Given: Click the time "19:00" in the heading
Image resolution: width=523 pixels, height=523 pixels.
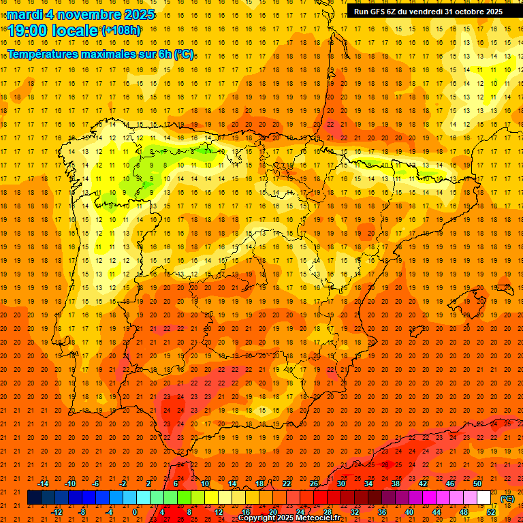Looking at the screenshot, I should pyautogui.click(x=28, y=31).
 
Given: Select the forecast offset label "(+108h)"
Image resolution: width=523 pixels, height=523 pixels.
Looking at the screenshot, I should pyautogui.click(x=121, y=31).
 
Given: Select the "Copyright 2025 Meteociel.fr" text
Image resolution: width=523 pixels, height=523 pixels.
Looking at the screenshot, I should pyautogui.click(x=289, y=518).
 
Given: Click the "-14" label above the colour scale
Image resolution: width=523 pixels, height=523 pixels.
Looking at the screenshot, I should pyautogui.click(x=44, y=484).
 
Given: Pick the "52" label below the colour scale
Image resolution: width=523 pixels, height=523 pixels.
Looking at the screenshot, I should pyautogui.click(x=491, y=512).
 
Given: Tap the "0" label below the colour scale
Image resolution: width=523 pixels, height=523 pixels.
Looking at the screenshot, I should pyautogui.click(x=135, y=512).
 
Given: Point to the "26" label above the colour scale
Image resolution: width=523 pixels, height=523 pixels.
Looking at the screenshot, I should pyautogui.click(x=314, y=484).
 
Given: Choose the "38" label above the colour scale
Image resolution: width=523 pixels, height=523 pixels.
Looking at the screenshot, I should pyautogui.click(x=396, y=484).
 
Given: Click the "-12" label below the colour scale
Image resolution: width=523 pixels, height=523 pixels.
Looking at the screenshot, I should pyautogui.click(x=57, y=512).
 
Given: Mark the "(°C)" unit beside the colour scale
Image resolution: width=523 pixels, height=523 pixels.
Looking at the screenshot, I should pyautogui.click(x=507, y=498).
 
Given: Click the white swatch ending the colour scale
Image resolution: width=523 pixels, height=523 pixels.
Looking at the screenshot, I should pyautogui.click(x=484, y=498).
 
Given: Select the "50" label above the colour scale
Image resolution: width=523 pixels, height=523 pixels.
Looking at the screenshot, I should pyautogui.click(x=477, y=484).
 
